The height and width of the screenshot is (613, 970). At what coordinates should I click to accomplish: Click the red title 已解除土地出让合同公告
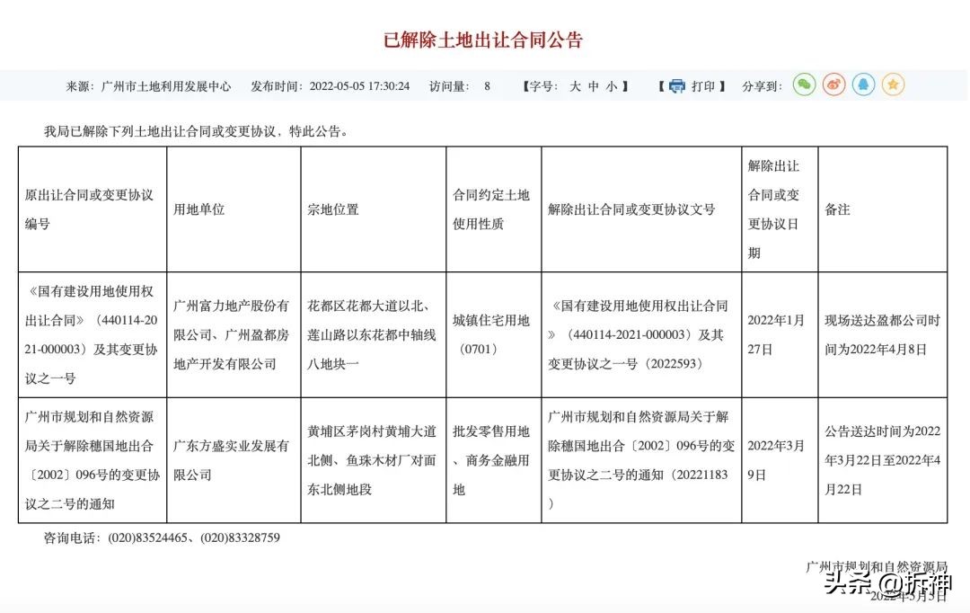point(484,40)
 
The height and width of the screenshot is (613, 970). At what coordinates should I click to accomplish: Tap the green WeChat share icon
point(804,85)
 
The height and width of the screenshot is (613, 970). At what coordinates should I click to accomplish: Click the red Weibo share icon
point(834,85)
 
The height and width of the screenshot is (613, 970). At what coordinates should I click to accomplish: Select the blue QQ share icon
point(864,85)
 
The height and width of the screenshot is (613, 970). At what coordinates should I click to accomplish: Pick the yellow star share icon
point(893,85)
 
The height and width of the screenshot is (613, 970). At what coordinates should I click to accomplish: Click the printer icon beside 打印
point(676,86)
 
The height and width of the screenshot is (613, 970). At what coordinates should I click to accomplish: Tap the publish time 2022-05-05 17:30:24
point(359,86)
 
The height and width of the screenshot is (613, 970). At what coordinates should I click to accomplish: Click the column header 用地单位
point(198,209)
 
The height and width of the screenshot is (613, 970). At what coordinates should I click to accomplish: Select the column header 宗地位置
point(332,209)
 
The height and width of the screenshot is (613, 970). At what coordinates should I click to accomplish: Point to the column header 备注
point(837,209)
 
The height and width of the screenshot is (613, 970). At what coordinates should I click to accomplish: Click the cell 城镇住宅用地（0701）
point(491,334)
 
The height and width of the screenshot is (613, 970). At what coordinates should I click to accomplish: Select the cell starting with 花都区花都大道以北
point(372,334)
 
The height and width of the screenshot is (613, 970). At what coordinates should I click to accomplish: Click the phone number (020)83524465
point(147,538)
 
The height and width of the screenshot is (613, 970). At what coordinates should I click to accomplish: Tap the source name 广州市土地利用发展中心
point(166,86)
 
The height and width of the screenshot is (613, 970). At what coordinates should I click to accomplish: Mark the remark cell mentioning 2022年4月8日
point(882,334)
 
